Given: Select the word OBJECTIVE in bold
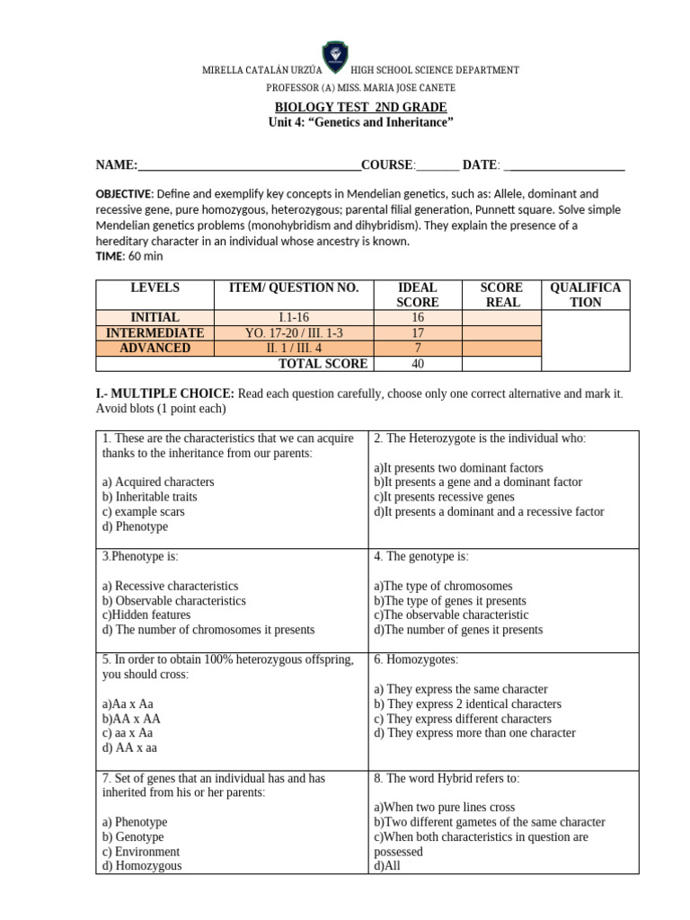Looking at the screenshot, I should (124, 194).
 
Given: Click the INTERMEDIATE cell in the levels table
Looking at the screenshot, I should (155, 332).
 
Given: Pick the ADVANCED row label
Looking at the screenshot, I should (155, 348).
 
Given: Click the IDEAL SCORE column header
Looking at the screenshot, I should (417, 295).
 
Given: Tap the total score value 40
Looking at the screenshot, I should (417, 364).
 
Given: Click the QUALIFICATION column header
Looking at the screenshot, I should (585, 295).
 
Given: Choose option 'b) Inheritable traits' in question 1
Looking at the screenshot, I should (149, 497).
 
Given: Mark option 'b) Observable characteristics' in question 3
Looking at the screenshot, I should (173, 601).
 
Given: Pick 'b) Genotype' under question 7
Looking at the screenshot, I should (135, 836).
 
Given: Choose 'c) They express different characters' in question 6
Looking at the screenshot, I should (475, 719).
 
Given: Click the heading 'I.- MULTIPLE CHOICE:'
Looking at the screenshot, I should (164, 394).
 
